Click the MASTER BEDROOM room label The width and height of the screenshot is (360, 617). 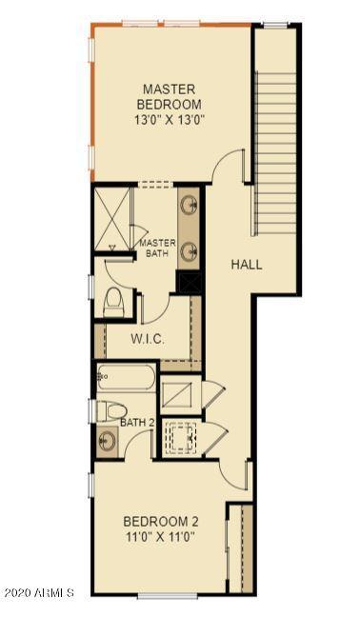point(170,97)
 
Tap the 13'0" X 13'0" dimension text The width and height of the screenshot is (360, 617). point(169,120)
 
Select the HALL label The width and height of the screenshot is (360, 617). point(247,265)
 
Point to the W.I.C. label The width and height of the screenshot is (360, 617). point(148,339)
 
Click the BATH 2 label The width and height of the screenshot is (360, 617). point(137,423)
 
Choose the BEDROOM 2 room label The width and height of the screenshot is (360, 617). point(161,522)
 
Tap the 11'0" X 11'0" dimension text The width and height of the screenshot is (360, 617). point(161,536)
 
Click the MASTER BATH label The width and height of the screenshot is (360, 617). point(157,248)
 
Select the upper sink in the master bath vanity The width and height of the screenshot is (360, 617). point(190,204)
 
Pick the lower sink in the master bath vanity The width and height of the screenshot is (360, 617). point(190,249)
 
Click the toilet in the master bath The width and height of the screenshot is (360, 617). point(114,302)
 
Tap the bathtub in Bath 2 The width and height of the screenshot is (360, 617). point(127,378)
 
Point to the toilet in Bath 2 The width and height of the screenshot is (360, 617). point(111,411)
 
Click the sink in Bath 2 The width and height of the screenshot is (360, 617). point(107,441)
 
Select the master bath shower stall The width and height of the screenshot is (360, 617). point(112,218)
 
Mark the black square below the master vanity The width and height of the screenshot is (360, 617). point(190,282)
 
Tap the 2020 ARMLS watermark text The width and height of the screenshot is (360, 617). point(39,592)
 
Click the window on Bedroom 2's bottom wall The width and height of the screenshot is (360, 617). point(168,596)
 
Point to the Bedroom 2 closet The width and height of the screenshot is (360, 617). point(240,548)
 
